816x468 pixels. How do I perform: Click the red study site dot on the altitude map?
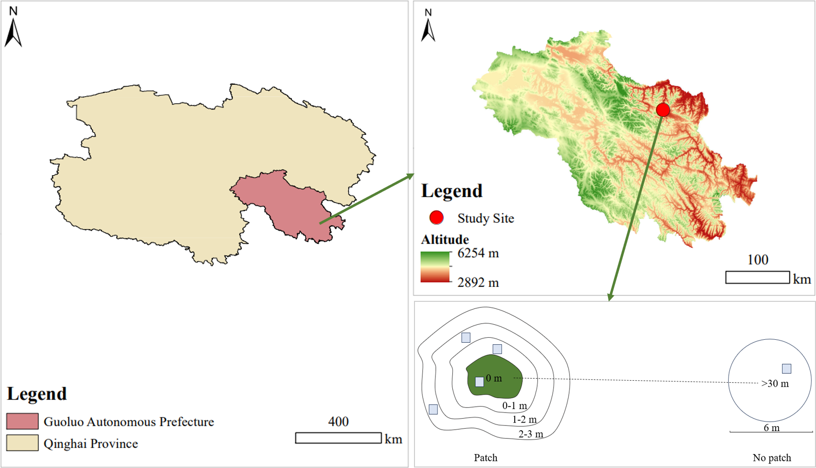[x=663, y=110]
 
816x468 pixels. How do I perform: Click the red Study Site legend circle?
[x=436, y=218]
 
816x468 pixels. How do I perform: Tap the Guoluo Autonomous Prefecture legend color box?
[x=22, y=421]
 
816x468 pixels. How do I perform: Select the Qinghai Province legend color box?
[x=22, y=443]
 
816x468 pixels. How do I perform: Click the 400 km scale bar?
[x=338, y=438]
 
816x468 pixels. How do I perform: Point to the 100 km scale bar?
[x=757, y=277]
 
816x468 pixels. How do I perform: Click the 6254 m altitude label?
[x=478, y=253]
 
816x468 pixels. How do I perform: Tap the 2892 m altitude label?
[x=478, y=283]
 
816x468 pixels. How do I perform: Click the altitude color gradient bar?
[x=435, y=267]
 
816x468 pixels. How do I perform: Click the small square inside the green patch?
[x=479, y=382]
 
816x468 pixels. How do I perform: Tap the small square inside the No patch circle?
[x=787, y=369]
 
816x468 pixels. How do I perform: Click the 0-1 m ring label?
[x=514, y=406]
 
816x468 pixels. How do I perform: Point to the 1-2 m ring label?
[x=524, y=420]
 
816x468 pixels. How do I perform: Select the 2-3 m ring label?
[x=531, y=435]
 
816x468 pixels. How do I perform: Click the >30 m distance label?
[x=775, y=384]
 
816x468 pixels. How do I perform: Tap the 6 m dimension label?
[x=771, y=428]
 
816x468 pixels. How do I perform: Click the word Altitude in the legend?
[x=445, y=239]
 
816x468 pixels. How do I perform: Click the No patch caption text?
[x=772, y=458]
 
